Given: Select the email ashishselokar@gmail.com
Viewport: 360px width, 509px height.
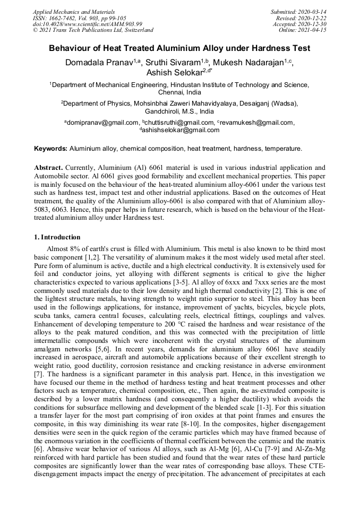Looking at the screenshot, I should [x=181, y=130].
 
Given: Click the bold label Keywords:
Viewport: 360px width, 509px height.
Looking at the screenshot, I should [x=51, y=148].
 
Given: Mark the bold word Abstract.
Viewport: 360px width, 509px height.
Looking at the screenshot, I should [x=48, y=167].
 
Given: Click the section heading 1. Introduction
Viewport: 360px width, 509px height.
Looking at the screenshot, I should [x=57, y=237].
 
